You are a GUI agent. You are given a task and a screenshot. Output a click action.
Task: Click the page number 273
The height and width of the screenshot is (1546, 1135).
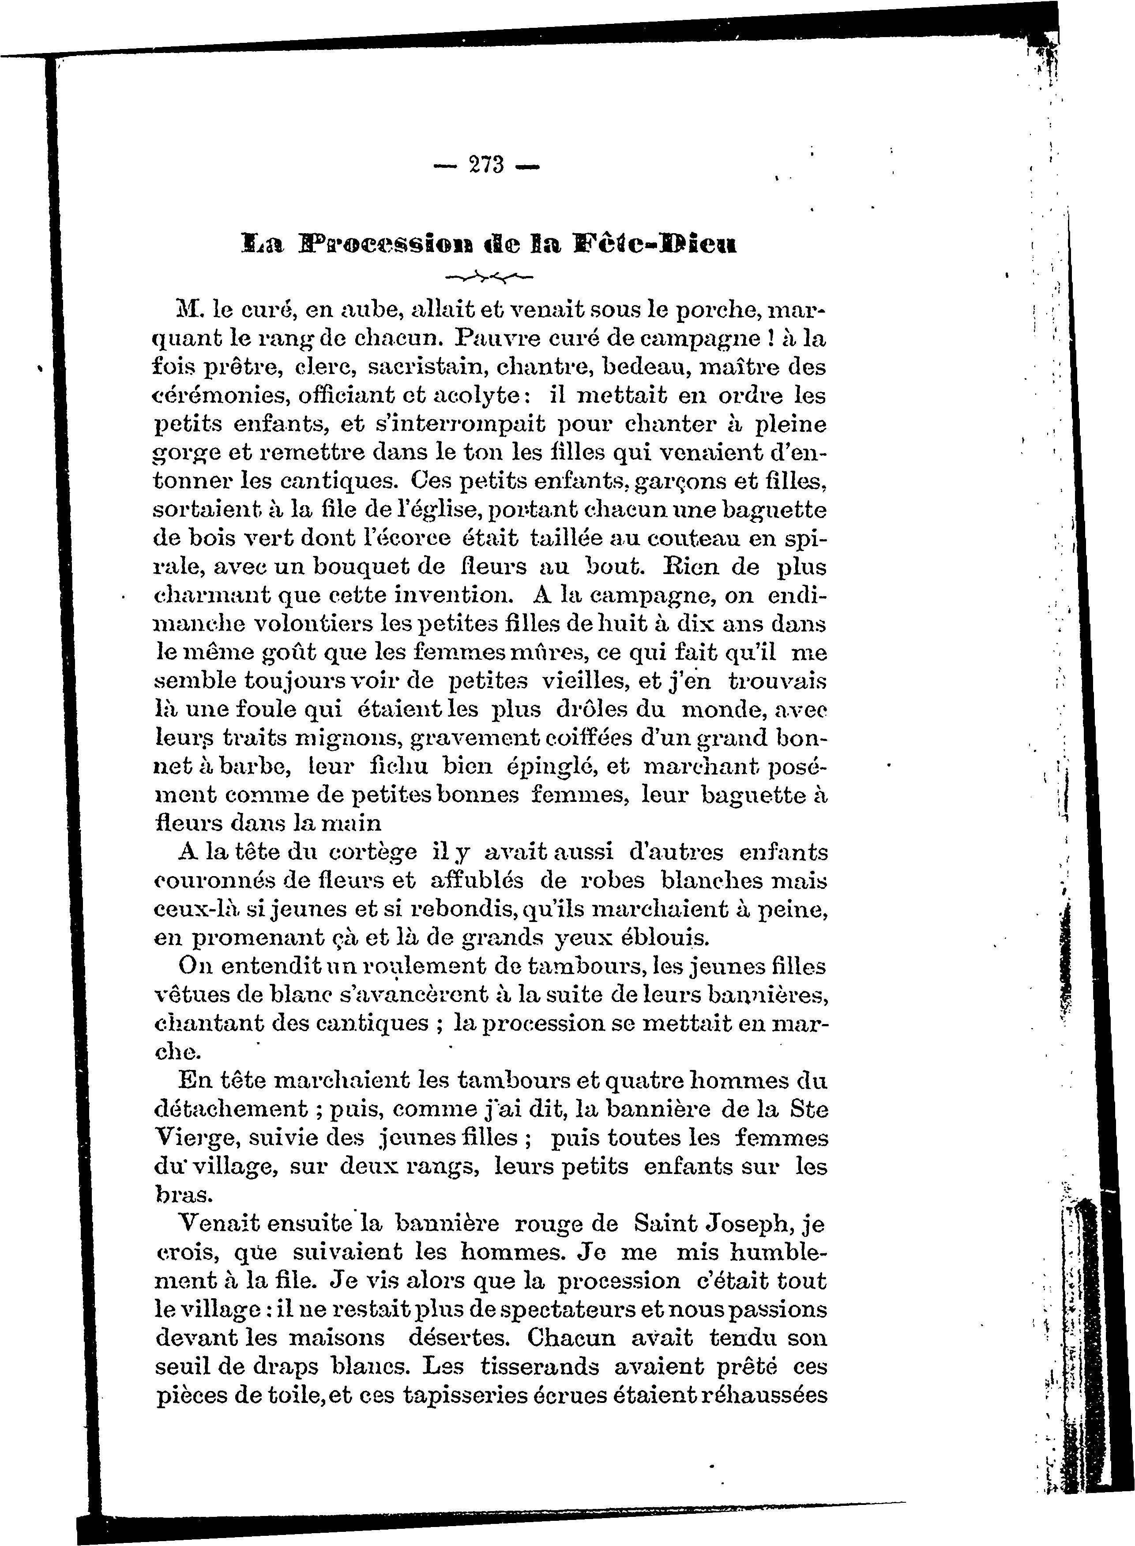coord(486,166)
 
